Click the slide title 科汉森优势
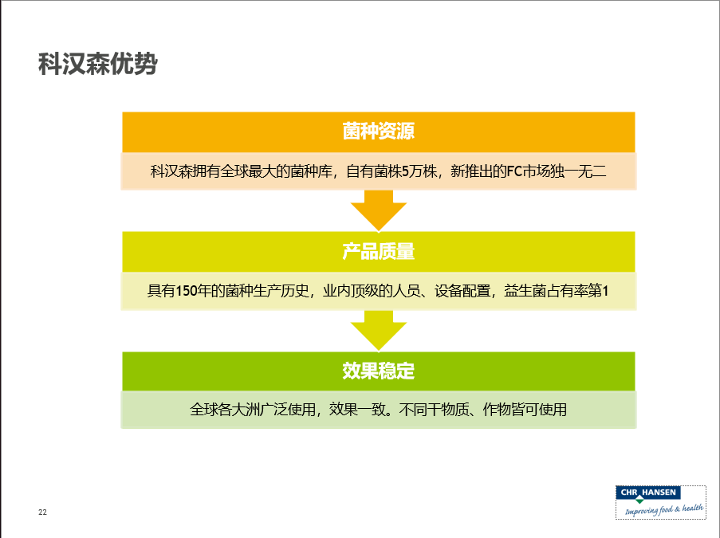98,63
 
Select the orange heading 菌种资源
379,132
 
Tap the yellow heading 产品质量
379,252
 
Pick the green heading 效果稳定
379,371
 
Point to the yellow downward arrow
379,330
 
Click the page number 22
43,512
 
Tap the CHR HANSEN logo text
648,493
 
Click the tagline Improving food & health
663,509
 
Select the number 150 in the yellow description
186,291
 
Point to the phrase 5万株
419,171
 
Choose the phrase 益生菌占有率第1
557,291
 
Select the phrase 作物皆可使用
525,410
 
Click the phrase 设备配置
462,291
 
